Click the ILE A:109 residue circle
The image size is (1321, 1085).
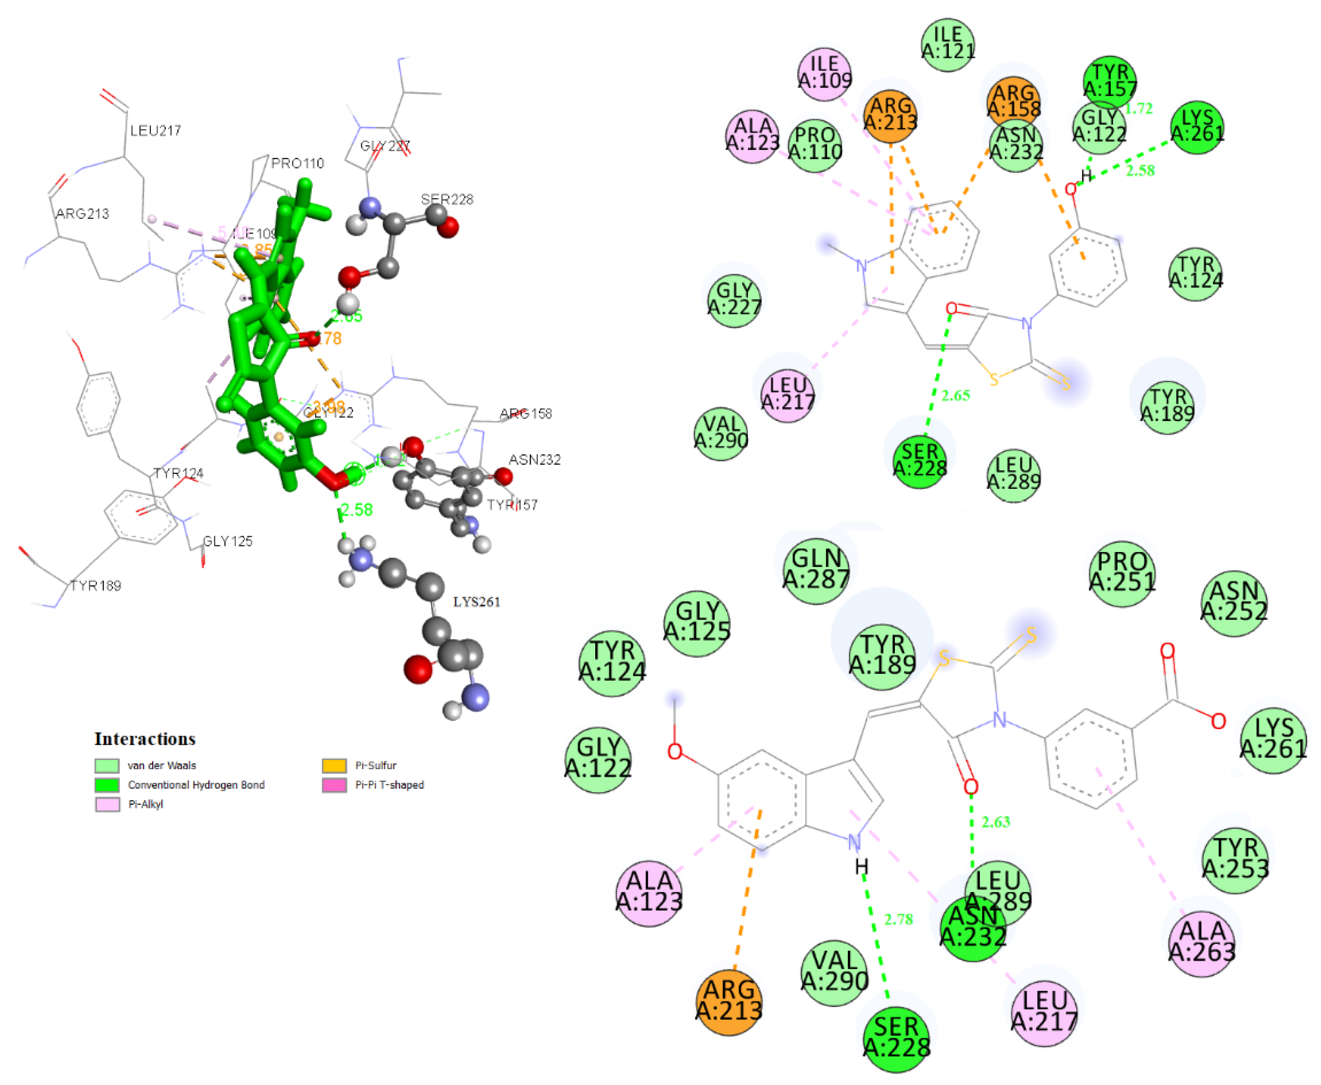[x=824, y=73]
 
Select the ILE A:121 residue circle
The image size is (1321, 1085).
[x=948, y=44]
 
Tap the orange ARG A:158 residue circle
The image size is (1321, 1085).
[x=1013, y=100]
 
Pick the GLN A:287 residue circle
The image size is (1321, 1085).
[x=816, y=570]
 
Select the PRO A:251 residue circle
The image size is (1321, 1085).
[x=1122, y=573]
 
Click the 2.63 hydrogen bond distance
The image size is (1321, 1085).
[x=996, y=822]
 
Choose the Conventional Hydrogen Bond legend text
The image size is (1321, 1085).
[x=196, y=785]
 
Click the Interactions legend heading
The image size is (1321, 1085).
[x=145, y=739]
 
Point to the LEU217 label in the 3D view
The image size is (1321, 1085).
[x=156, y=130]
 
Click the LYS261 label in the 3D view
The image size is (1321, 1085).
[x=476, y=602]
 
